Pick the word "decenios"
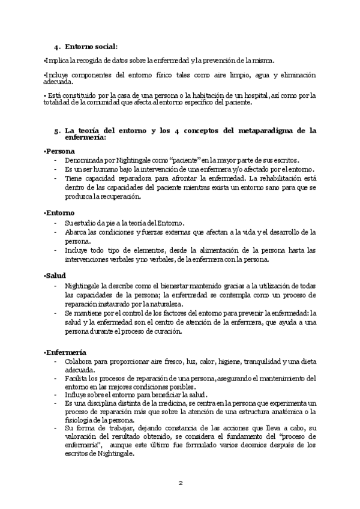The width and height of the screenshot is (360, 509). (236, 445)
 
